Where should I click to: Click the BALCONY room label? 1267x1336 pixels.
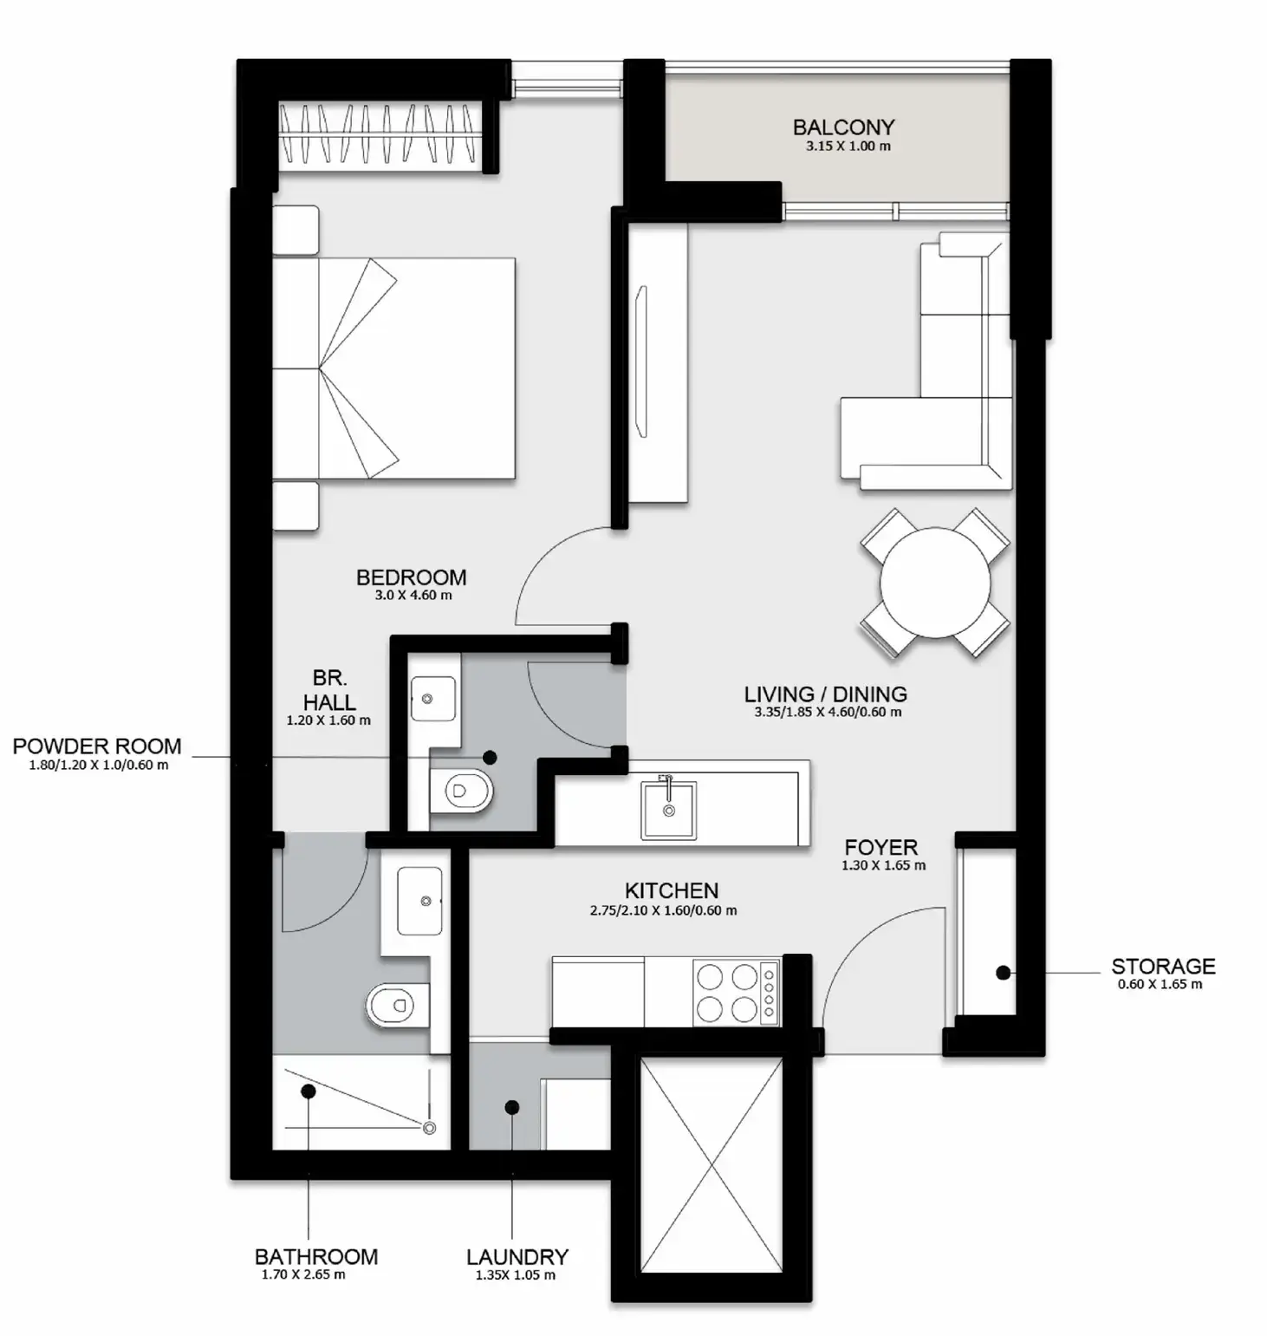(x=842, y=127)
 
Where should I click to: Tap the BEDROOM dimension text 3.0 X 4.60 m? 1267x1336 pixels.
(x=413, y=596)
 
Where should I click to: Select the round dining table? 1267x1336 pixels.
(x=934, y=583)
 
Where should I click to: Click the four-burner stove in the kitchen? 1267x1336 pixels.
(x=736, y=993)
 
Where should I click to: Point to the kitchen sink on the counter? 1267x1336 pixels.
(x=668, y=810)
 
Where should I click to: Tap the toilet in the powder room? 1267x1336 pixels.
(x=463, y=791)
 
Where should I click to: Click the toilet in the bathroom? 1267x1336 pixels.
(x=396, y=1006)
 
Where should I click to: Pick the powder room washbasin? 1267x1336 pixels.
(x=432, y=699)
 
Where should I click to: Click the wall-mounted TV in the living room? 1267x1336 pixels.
(x=641, y=362)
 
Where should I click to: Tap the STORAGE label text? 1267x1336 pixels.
(x=1162, y=966)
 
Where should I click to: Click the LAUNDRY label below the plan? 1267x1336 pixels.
(x=517, y=1256)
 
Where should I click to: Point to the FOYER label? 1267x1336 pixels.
(x=880, y=847)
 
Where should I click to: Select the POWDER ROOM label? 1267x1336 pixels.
(x=97, y=746)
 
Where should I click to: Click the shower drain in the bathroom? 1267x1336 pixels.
(x=429, y=1128)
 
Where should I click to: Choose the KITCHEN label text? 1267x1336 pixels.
(x=672, y=890)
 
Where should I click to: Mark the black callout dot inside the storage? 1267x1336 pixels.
(x=1003, y=973)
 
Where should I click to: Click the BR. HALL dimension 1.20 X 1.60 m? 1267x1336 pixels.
(x=328, y=720)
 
